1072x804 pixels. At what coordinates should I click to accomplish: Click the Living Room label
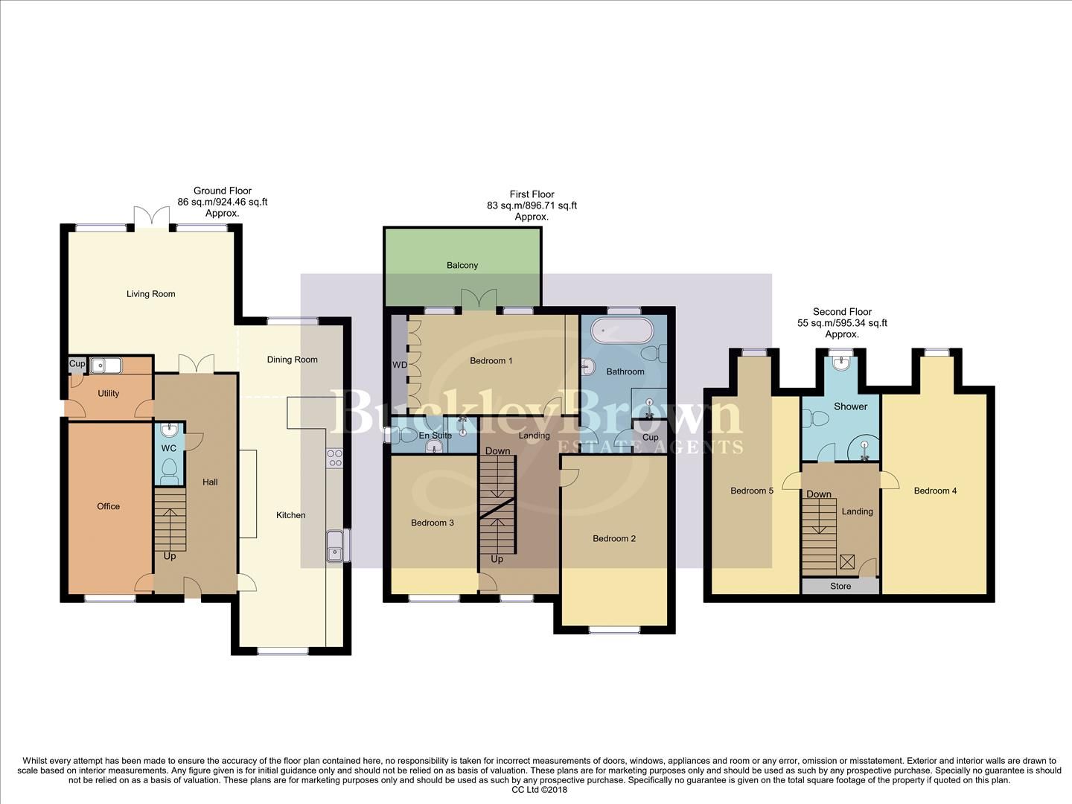click(x=150, y=294)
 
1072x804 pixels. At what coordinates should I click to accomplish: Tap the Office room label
click(x=108, y=506)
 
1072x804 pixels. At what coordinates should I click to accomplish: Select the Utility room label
click(x=108, y=393)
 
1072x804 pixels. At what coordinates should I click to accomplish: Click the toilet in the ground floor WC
click(x=169, y=469)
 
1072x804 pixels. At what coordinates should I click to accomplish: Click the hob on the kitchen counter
click(x=334, y=457)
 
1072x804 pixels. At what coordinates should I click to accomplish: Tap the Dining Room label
click(x=292, y=360)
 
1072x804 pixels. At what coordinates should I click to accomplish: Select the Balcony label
click(x=462, y=265)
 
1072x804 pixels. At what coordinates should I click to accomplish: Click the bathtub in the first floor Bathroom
click(x=622, y=330)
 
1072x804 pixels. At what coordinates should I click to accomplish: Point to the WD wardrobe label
click(x=400, y=365)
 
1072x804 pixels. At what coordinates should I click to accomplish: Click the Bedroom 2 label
click(x=614, y=538)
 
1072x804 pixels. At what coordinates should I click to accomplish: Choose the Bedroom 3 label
click(x=433, y=523)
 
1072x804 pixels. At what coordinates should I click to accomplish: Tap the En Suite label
click(x=435, y=435)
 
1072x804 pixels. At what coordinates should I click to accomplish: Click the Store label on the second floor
click(x=840, y=586)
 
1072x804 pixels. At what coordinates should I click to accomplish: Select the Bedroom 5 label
click(x=752, y=491)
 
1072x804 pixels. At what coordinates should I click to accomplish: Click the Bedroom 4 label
click(x=935, y=491)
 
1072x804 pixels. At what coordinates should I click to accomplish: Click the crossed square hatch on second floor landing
click(x=847, y=562)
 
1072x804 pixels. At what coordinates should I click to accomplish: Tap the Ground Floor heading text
click(x=222, y=191)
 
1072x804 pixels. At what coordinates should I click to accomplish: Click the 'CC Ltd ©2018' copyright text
click(x=540, y=790)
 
